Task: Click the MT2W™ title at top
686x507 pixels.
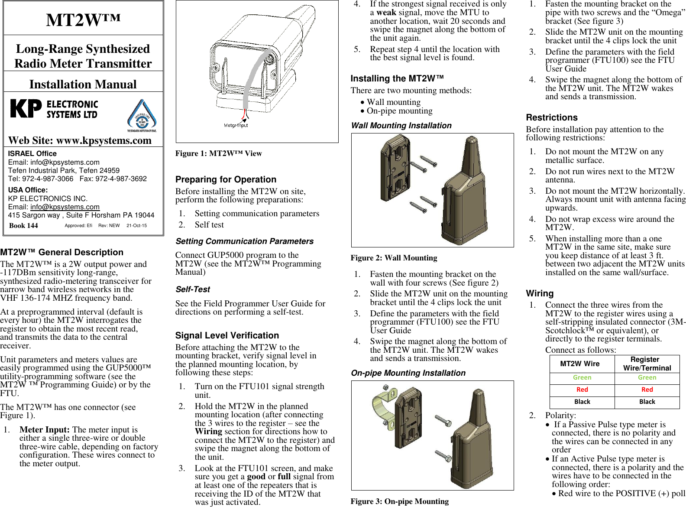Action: click(83, 20)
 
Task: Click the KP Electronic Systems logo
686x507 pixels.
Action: click(54, 109)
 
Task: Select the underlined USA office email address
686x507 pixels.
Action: click(65, 207)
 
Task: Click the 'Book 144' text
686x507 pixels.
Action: click(23, 225)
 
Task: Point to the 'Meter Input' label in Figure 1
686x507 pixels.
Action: click(236, 125)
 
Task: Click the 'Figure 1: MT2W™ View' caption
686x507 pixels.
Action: click(218, 153)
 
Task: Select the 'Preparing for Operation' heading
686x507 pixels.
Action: click(226, 179)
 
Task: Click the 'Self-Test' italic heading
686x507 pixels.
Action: click(193, 289)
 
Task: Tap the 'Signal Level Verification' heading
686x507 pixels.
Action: click(227, 335)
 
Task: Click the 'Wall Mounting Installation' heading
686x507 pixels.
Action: click(401, 126)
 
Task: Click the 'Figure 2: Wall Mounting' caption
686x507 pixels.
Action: click(394, 258)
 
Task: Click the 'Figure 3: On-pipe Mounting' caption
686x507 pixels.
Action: click(399, 501)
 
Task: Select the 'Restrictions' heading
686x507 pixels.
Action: click(551, 117)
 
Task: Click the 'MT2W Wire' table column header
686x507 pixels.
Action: click(579, 364)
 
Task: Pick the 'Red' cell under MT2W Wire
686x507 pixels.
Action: click(582, 390)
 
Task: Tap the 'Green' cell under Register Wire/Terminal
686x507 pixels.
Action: click(647, 377)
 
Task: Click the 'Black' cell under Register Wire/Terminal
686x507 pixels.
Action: click(647, 402)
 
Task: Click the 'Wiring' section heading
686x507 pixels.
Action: click(540, 293)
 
